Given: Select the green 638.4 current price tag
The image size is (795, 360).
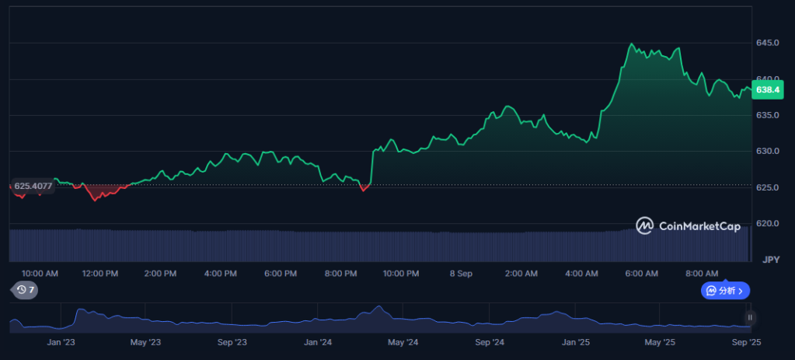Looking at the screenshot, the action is [x=768, y=89].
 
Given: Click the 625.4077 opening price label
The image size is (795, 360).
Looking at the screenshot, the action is [x=33, y=186].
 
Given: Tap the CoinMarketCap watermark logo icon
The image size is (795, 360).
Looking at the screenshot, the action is [x=644, y=226].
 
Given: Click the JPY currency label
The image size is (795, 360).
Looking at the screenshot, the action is [x=771, y=260].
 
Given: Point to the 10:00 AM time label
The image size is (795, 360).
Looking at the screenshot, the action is [x=40, y=274].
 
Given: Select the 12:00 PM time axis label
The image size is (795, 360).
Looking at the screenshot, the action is [x=100, y=274].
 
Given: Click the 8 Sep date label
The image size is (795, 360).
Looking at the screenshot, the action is [x=461, y=274].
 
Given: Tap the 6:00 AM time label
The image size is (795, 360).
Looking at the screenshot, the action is [x=641, y=274].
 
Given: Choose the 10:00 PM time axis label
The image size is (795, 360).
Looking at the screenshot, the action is [x=400, y=274].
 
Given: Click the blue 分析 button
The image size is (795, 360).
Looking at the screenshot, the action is [x=726, y=291].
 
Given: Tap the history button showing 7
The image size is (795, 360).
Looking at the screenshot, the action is [x=25, y=290].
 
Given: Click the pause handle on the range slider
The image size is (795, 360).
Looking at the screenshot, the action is [x=750, y=318].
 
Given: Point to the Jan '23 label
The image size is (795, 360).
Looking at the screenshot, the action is [x=61, y=343].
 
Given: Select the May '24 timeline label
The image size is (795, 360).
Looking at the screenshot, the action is [x=403, y=343].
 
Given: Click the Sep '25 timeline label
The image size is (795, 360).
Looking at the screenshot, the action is [x=747, y=343].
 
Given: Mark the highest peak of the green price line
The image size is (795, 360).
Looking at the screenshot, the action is [x=631, y=44].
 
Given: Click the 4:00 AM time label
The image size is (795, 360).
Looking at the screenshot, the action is [x=581, y=274].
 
